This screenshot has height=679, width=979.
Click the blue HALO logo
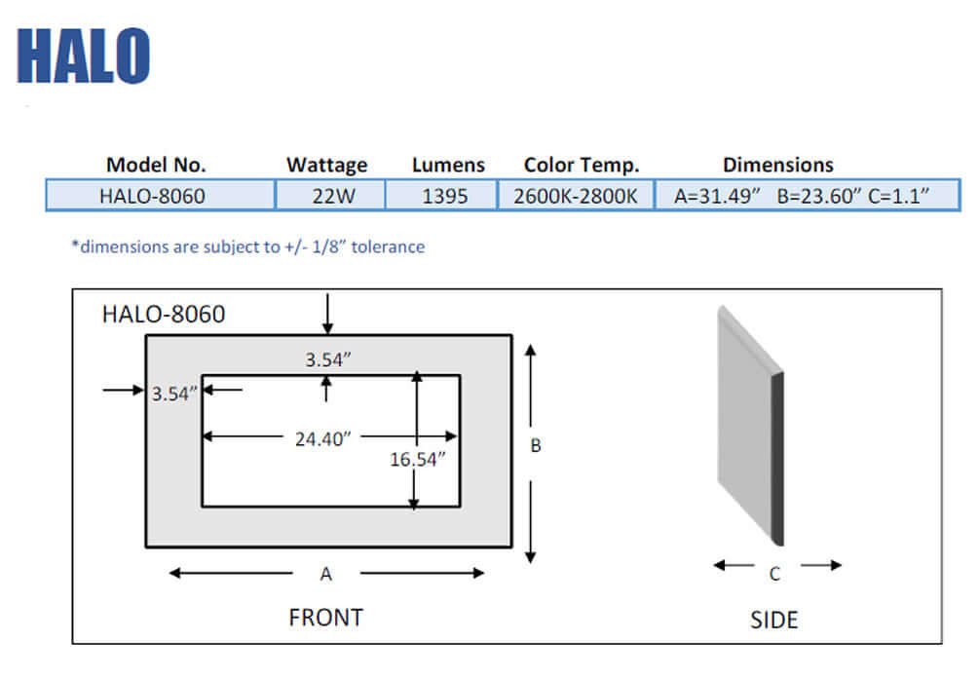click(x=84, y=56)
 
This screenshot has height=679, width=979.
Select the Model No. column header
click(x=156, y=165)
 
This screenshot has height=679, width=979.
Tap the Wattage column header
click(x=326, y=165)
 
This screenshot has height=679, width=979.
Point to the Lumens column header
click(x=448, y=165)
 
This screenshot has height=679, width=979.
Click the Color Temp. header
click(x=582, y=165)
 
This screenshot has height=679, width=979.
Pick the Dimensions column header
click(x=778, y=165)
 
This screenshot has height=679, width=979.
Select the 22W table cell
click(x=330, y=196)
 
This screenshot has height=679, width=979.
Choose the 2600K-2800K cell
click(x=576, y=196)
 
